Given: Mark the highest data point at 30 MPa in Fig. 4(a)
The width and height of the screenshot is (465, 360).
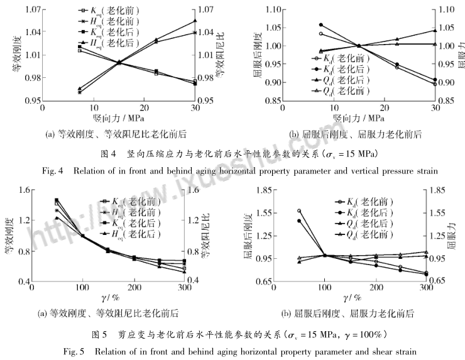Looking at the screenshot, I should pyautogui.click(x=194, y=21).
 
